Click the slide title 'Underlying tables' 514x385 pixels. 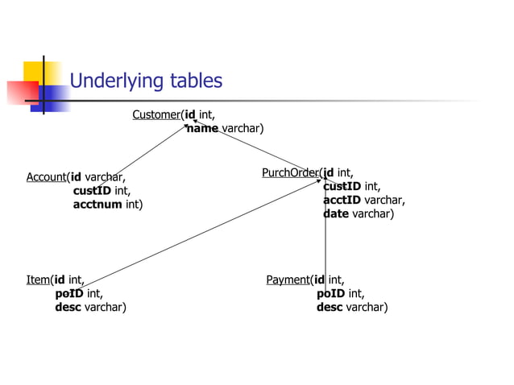click(x=146, y=81)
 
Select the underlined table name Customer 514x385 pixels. click(x=156, y=114)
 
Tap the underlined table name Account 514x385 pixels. click(x=46, y=177)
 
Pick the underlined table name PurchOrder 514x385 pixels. click(x=290, y=172)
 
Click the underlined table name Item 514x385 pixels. click(x=38, y=280)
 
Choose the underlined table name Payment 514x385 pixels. click(x=288, y=280)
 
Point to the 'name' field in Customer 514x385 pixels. click(x=202, y=129)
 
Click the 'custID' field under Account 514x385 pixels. click(x=92, y=191)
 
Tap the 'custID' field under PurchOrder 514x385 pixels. click(x=342, y=187)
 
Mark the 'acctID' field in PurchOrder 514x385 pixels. click(x=342, y=201)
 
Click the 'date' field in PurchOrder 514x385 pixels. click(x=336, y=214)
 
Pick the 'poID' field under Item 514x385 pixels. click(x=68, y=294)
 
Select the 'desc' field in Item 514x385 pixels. click(x=68, y=308)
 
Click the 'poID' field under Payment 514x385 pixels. click(x=330, y=294)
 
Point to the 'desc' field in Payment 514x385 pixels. click(x=330, y=308)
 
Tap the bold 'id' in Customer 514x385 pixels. click(x=190, y=114)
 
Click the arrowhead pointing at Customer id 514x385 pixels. click(x=194, y=122)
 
